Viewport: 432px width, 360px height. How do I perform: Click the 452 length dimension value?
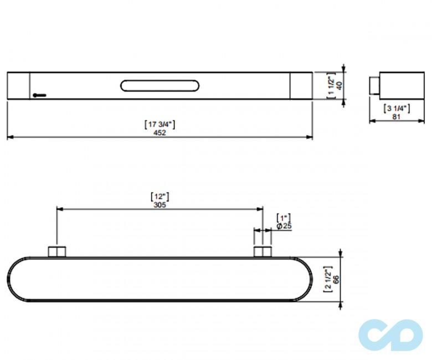pos(160,132)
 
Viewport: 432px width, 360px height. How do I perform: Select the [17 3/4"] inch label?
pos(160,125)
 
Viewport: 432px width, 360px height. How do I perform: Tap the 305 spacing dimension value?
pos(160,204)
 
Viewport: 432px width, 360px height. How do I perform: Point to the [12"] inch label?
pos(160,196)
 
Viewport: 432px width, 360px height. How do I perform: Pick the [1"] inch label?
pos(284,218)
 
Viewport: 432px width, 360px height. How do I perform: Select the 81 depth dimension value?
pos(397,116)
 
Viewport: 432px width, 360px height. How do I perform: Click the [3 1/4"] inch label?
pos(397,108)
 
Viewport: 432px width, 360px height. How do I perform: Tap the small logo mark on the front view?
pos(39,95)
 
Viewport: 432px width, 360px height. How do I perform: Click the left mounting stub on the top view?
pos(56,252)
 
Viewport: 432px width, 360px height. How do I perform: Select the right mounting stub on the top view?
pos(263,252)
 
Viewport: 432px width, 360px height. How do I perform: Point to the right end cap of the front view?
pos(301,86)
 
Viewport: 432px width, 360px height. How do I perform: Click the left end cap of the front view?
pos(18,86)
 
